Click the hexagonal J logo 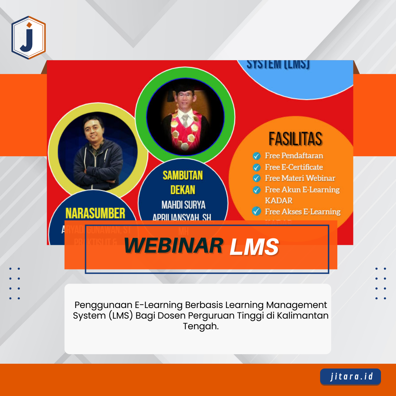tap(29, 37)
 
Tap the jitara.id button tap(350, 377)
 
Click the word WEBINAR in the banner tap(173, 246)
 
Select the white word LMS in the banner tap(254, 246)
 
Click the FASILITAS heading tap(295, 139)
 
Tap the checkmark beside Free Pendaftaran tap(257, 156)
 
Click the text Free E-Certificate tap(294, 167)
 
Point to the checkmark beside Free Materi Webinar tap(257, 179)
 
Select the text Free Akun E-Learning tap(302, 190)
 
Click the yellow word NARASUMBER tap(95, 213)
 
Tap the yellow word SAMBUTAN tap(183, 175)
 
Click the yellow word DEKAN tap(183, 190)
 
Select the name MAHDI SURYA tap(183, 204)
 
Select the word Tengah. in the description tap(201, 326)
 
